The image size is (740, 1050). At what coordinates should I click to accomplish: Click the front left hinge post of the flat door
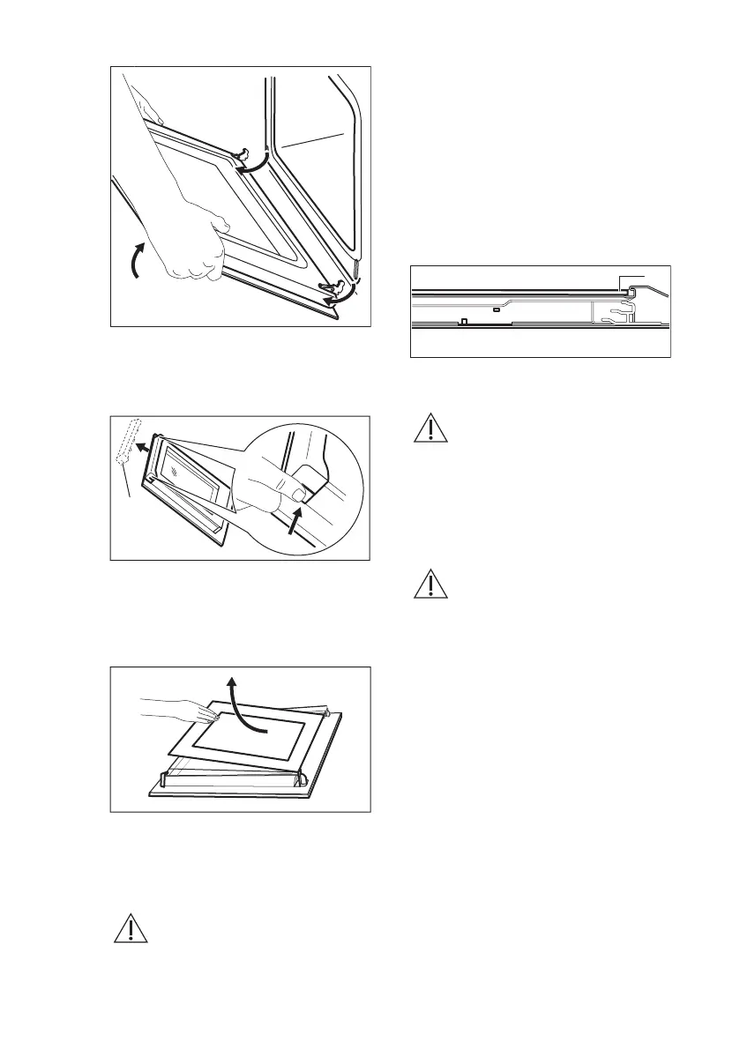tap(163, 779)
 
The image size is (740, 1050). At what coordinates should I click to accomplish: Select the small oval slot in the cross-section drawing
tap(497, 309)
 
